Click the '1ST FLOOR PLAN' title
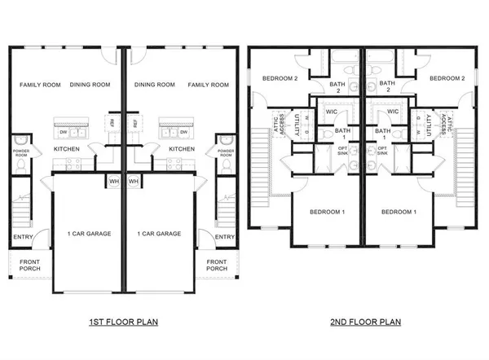(x=122, y=322)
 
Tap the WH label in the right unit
(x=134, y=181)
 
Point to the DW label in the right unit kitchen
(x=184, y=131)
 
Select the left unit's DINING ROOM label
(x=91, y=85)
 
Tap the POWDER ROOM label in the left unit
(x=20, y=153)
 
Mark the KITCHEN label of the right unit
(x=181, y=150)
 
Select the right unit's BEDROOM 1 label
(x=399, y=213)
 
